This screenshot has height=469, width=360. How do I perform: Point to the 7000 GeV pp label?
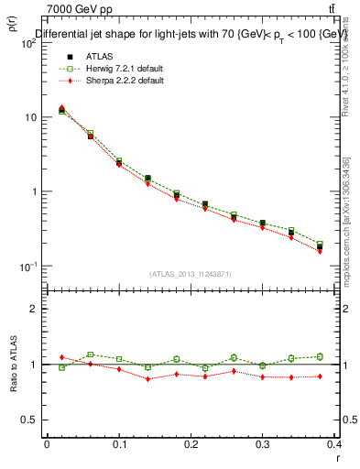click(77, 9)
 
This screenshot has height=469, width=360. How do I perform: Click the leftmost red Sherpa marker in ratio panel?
click(61, 357)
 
